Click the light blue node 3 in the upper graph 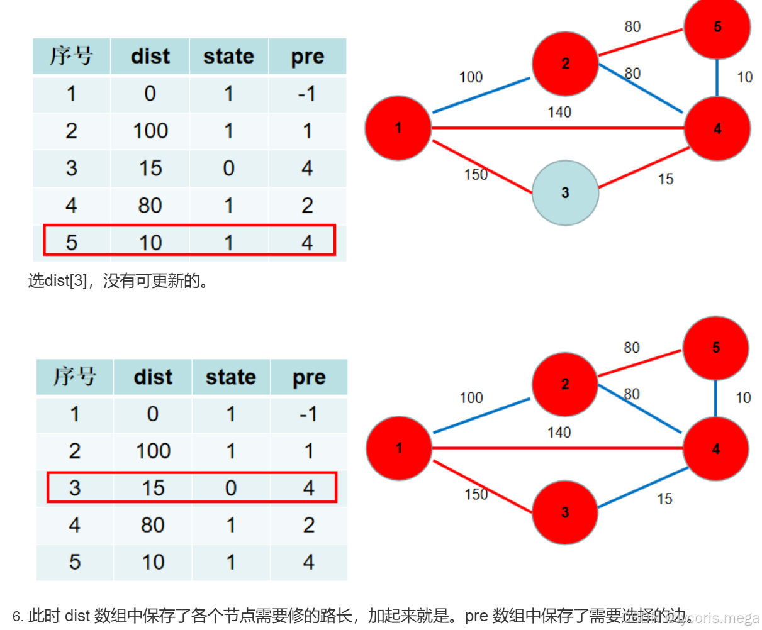[565, 193]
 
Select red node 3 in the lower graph [564, 512]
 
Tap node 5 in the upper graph [717, 27]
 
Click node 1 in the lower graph [399, 448]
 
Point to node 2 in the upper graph [565, 64]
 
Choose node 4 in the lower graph [716, 449]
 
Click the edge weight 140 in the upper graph [559, 113]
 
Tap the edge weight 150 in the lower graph [476, 495]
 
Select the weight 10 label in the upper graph [744, 77]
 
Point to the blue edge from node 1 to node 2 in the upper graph [481, 96]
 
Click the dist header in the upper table [150, 57]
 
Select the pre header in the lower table [309, 377]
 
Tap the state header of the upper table [228, 57]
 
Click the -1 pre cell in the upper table [307, 94]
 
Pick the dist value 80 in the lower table [153, 525]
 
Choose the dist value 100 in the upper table [150, 131]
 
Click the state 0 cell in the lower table [231, 488]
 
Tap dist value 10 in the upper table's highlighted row [150, 243]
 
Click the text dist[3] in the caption [66, 280]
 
